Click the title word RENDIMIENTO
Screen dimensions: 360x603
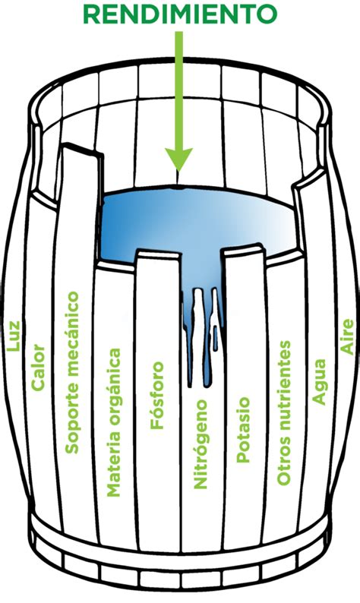tap(180, 14)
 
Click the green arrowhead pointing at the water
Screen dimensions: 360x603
tap(178, 159)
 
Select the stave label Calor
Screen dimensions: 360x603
tap(38, 368)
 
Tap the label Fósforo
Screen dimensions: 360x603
tap(157, 396)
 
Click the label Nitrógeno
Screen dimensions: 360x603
tap(201, 444)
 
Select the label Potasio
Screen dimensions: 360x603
tap(243, 430)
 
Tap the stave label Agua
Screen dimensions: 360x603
tap(319, 382)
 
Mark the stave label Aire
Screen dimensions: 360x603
tap(347, 336)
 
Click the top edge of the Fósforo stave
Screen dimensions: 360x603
tap(158, 254)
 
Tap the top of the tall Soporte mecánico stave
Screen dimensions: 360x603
tap(82, 149)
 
